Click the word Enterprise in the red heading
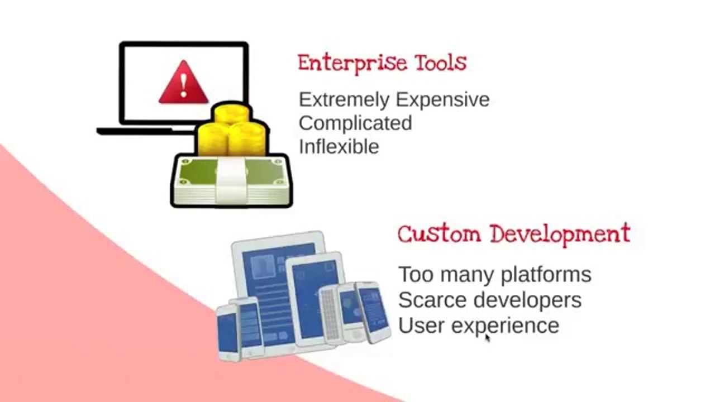[x=352, y=64]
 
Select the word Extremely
[x=344, y=100]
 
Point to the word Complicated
[x=355, y=124]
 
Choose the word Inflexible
[x=339, y=146]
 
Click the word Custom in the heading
[x=439, y=234]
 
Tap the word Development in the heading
[x=560, y=234]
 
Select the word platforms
[x=546, y=275]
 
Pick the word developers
[x=528, y=301]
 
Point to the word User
[x=421, y=326]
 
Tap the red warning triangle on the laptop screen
[x=183, y=84]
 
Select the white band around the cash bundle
[x=231, y=180]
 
